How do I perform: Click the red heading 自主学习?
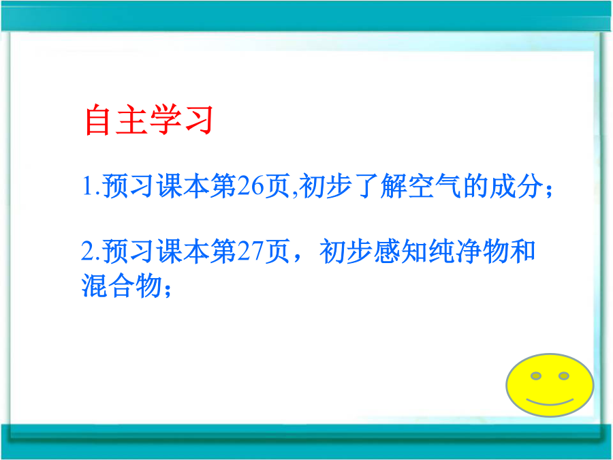click(x=149, y=120)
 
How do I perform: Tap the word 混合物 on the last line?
click(x=121, y=285)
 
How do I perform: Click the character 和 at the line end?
click(x=522, y=251)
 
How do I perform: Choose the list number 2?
click(x=88, y=251)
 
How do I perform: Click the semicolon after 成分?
click(x=549, y=191)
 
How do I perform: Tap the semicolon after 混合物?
click(x=168, y=290)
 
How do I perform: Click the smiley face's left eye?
click(x=535, y=376)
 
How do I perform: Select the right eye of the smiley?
click(x=564, y=376)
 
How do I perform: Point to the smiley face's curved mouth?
click(x=550, y=403)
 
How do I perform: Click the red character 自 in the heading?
click(x=97, y=120)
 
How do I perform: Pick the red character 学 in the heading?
click(x=166, y=120)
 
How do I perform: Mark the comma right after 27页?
click(x=297, y=258)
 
